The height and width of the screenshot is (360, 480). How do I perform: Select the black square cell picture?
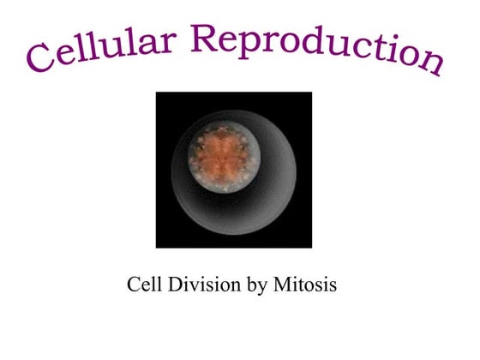[233, 170]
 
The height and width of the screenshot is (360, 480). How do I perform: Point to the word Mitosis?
[304, 284]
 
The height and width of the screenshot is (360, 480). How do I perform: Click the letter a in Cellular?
[146, 43]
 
